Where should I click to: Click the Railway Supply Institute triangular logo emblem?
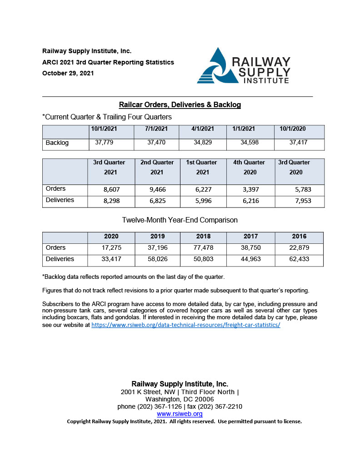click(x=218, y=66)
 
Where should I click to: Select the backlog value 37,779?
click(x=104, y=143)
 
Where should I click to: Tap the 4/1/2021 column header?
click(x=203, y=129)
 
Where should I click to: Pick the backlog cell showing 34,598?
click(x=249, y=143)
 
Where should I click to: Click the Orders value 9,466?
click(x=157, y=189)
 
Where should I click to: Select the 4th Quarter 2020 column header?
click(x=250, y=167)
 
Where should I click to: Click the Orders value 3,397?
click(x=249, y=189)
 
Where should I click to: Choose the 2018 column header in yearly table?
click(x=203, y=237)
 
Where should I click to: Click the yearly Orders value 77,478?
click(x=203, y=248)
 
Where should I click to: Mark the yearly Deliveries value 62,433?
click(x=299, y=259)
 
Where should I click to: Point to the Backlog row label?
click(x=57, y=143)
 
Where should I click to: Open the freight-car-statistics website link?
click(x=185, y=325)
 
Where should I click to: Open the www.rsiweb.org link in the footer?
click(x=180, y=414)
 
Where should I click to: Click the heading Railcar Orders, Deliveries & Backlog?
click(x=180, y=105)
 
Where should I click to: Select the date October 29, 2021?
click(x=68, y=73)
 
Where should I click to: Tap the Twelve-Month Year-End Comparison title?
click(x=180, y=220)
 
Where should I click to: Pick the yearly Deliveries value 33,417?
click(x=111, y=259)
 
